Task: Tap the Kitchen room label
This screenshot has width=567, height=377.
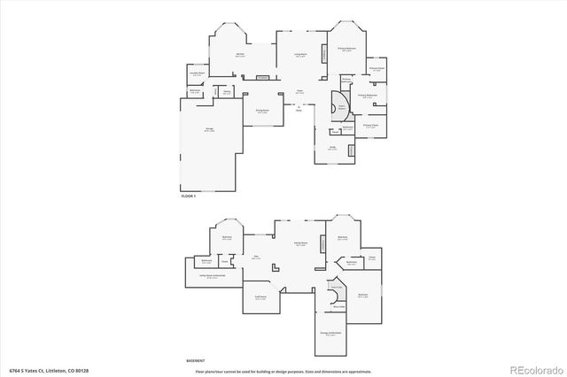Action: pos(240,55)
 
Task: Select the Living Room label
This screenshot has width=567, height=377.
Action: pos(299,55)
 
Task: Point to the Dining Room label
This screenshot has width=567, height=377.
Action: pos(263,112)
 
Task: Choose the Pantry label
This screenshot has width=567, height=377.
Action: pos(227,91)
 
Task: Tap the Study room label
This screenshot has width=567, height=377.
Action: pos(331,149)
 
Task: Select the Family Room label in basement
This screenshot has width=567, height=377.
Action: pos(300,243)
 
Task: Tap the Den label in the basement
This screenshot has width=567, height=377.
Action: pos(256,258)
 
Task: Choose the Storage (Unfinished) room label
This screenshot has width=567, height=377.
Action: pos(330,334)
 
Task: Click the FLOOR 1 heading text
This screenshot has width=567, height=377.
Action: pos(188,196)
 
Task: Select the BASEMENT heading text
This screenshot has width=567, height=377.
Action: pos(195,361)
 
